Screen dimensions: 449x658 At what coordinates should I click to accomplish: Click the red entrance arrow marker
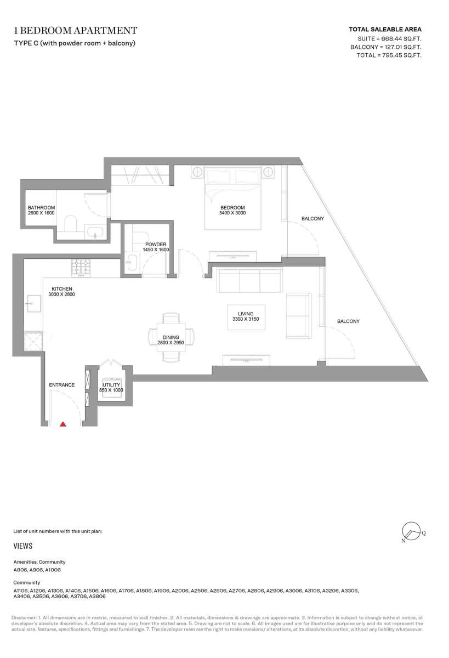tap(63, 424)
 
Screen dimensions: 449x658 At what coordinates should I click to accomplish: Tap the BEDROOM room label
tap(232, 208)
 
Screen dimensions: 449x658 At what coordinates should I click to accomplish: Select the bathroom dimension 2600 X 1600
tap(41, 213)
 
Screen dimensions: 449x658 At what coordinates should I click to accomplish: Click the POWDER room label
tap(156, 245)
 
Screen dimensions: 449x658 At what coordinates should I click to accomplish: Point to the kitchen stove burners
tap(81, 266)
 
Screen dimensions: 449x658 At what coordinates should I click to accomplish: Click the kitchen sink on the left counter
tap(33, 303)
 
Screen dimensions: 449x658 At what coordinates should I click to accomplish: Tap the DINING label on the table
tap(170, 338)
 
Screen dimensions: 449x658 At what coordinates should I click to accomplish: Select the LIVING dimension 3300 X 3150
tap(246, 319)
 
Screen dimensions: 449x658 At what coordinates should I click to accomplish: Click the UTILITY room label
tap(111, 385)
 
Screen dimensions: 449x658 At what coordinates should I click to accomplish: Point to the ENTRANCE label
tap(61, 385)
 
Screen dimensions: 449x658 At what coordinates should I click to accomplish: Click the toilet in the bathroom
tap(71, 223)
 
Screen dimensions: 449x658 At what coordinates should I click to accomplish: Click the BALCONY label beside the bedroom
tap(312, 219)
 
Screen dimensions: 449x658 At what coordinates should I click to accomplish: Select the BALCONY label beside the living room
tap(348, 321)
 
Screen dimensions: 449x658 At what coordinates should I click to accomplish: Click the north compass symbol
tap(412, 531)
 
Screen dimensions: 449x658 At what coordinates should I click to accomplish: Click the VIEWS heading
tap(23, 546)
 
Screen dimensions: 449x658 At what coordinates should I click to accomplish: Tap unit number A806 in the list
tap(20, 570)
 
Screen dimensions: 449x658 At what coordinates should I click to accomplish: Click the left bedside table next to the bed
tap(197, 172)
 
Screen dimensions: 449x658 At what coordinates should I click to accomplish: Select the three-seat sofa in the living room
tap(249, 280)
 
